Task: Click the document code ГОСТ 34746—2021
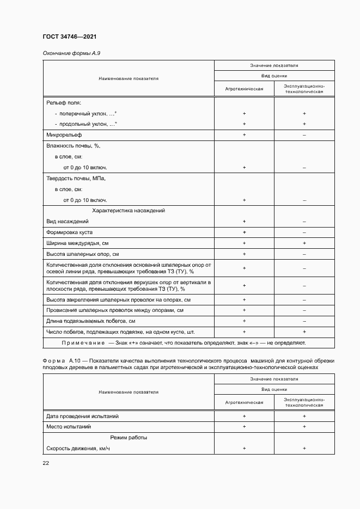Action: point(69,37)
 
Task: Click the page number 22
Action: point(46,463)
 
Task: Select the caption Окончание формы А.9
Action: point(71,53)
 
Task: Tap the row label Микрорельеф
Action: point(63,134)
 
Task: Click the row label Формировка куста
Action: point(69,232)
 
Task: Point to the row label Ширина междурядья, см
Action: point(78,243)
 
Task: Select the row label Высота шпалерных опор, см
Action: point(82,254)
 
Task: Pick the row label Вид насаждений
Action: point(68,222)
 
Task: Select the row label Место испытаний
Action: point(69,427)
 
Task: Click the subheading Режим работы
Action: point(129,438)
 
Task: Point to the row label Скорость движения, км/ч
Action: point(78,449)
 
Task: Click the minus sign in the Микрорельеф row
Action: point(304,134)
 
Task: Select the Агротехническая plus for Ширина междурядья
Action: point(244,243)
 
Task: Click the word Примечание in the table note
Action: point(84,343)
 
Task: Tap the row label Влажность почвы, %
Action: point(74,146)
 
